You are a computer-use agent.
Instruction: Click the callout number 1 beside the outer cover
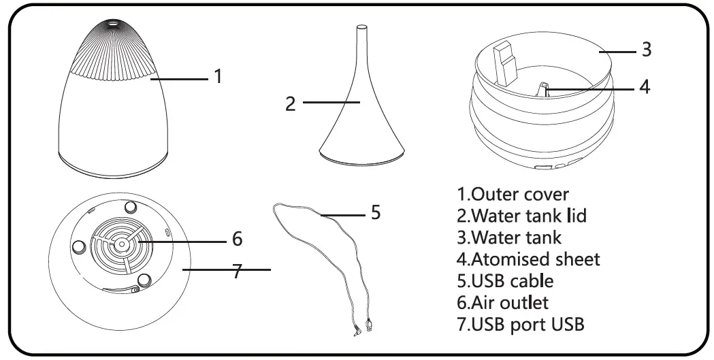(218, 76)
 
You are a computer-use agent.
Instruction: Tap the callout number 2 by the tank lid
(291, 103)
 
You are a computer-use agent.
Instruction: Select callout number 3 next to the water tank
(647, 50)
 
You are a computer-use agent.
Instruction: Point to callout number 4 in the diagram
(645, 87)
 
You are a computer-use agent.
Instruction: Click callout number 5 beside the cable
(375, 213)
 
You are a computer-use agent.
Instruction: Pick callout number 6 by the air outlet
(237, 239)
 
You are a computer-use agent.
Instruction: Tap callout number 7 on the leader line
(237, 270)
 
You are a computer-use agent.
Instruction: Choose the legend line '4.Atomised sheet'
(528, 259)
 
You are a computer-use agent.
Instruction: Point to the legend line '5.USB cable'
(504, 280)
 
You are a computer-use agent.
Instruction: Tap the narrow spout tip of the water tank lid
(362, 31)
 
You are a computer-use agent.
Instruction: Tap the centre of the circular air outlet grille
(121, 243)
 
